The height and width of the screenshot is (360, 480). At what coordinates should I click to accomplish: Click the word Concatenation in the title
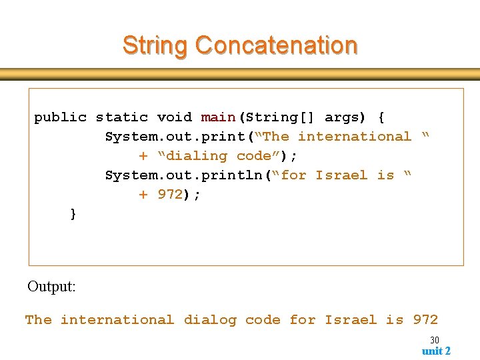pos(277,45)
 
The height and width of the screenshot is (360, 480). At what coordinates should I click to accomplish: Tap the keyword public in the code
pos(61,117)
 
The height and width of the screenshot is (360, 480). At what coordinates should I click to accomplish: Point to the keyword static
pos(122,117)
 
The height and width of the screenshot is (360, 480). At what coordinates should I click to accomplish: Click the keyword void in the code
pos(175,117)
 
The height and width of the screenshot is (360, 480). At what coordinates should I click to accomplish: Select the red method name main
pos(218,117)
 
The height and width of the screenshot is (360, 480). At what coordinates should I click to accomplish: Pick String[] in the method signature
pos(280,117)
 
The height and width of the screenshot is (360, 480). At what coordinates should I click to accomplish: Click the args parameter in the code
pos(341,117)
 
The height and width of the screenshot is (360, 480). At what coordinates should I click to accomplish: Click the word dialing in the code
pos(196,156)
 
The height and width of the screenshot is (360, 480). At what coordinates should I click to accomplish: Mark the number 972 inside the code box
pos(170,195)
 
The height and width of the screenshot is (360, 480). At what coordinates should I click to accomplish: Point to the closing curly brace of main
pos(73,214)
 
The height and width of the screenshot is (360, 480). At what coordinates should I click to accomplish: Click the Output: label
pos(51,287)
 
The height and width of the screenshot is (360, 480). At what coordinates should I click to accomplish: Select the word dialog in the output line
pos(210,320)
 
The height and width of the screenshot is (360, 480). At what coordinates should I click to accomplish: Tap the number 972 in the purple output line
pos(425,320)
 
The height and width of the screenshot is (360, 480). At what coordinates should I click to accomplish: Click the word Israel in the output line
pos(351,320)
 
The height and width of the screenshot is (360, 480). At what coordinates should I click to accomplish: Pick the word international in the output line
pos(117,320)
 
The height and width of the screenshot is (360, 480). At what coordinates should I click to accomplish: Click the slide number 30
pos(434,340)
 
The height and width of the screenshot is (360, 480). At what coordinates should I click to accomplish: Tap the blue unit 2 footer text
pos(436,351)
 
